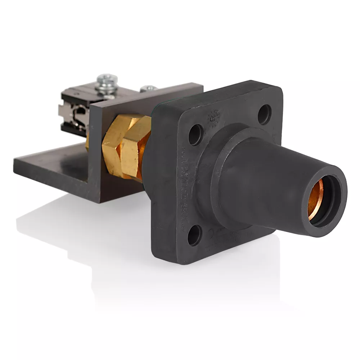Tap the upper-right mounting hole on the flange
pyautogui.click(x=265, y=114)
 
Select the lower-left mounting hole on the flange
pyautogui.click(x=194, y=235)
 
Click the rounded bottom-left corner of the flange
pyautogui.click(x=158, y=257)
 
